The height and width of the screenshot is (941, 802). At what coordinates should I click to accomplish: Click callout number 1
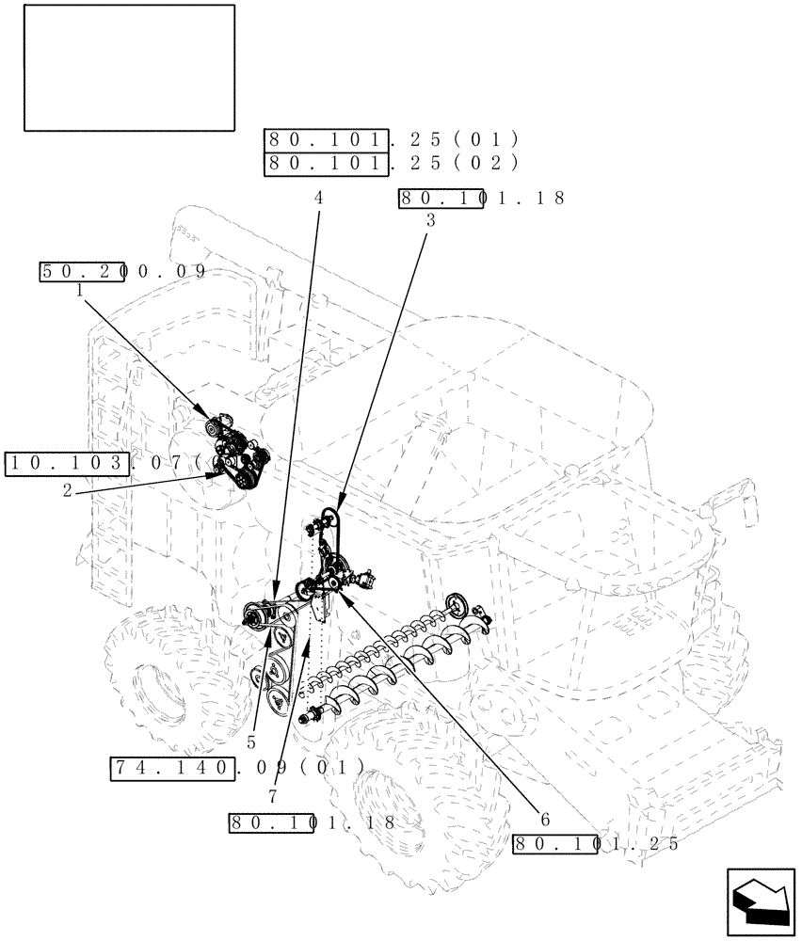[x=80, y=291]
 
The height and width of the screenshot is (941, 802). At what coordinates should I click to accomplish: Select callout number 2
[x=67, y=490]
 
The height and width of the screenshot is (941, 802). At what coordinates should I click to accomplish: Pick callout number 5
[x=251, y=742]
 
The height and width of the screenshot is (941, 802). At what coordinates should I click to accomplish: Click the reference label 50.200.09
[x=122, y=272]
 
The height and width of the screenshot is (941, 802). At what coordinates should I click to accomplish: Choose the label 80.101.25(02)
[x=392, y=163]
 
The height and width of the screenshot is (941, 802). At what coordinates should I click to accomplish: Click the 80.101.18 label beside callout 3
[x=481, y=199]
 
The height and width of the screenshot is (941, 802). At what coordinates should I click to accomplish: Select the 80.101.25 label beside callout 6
[x=595, y=844]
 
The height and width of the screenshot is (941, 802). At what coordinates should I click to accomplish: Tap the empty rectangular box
[x=129, y=67]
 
